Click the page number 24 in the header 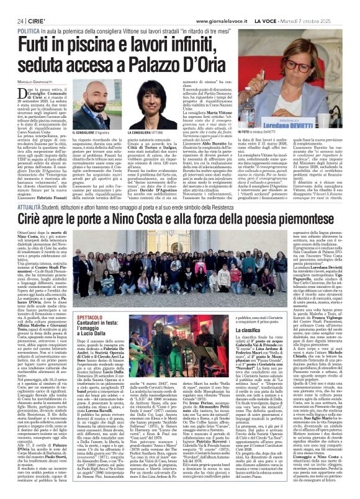12,5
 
